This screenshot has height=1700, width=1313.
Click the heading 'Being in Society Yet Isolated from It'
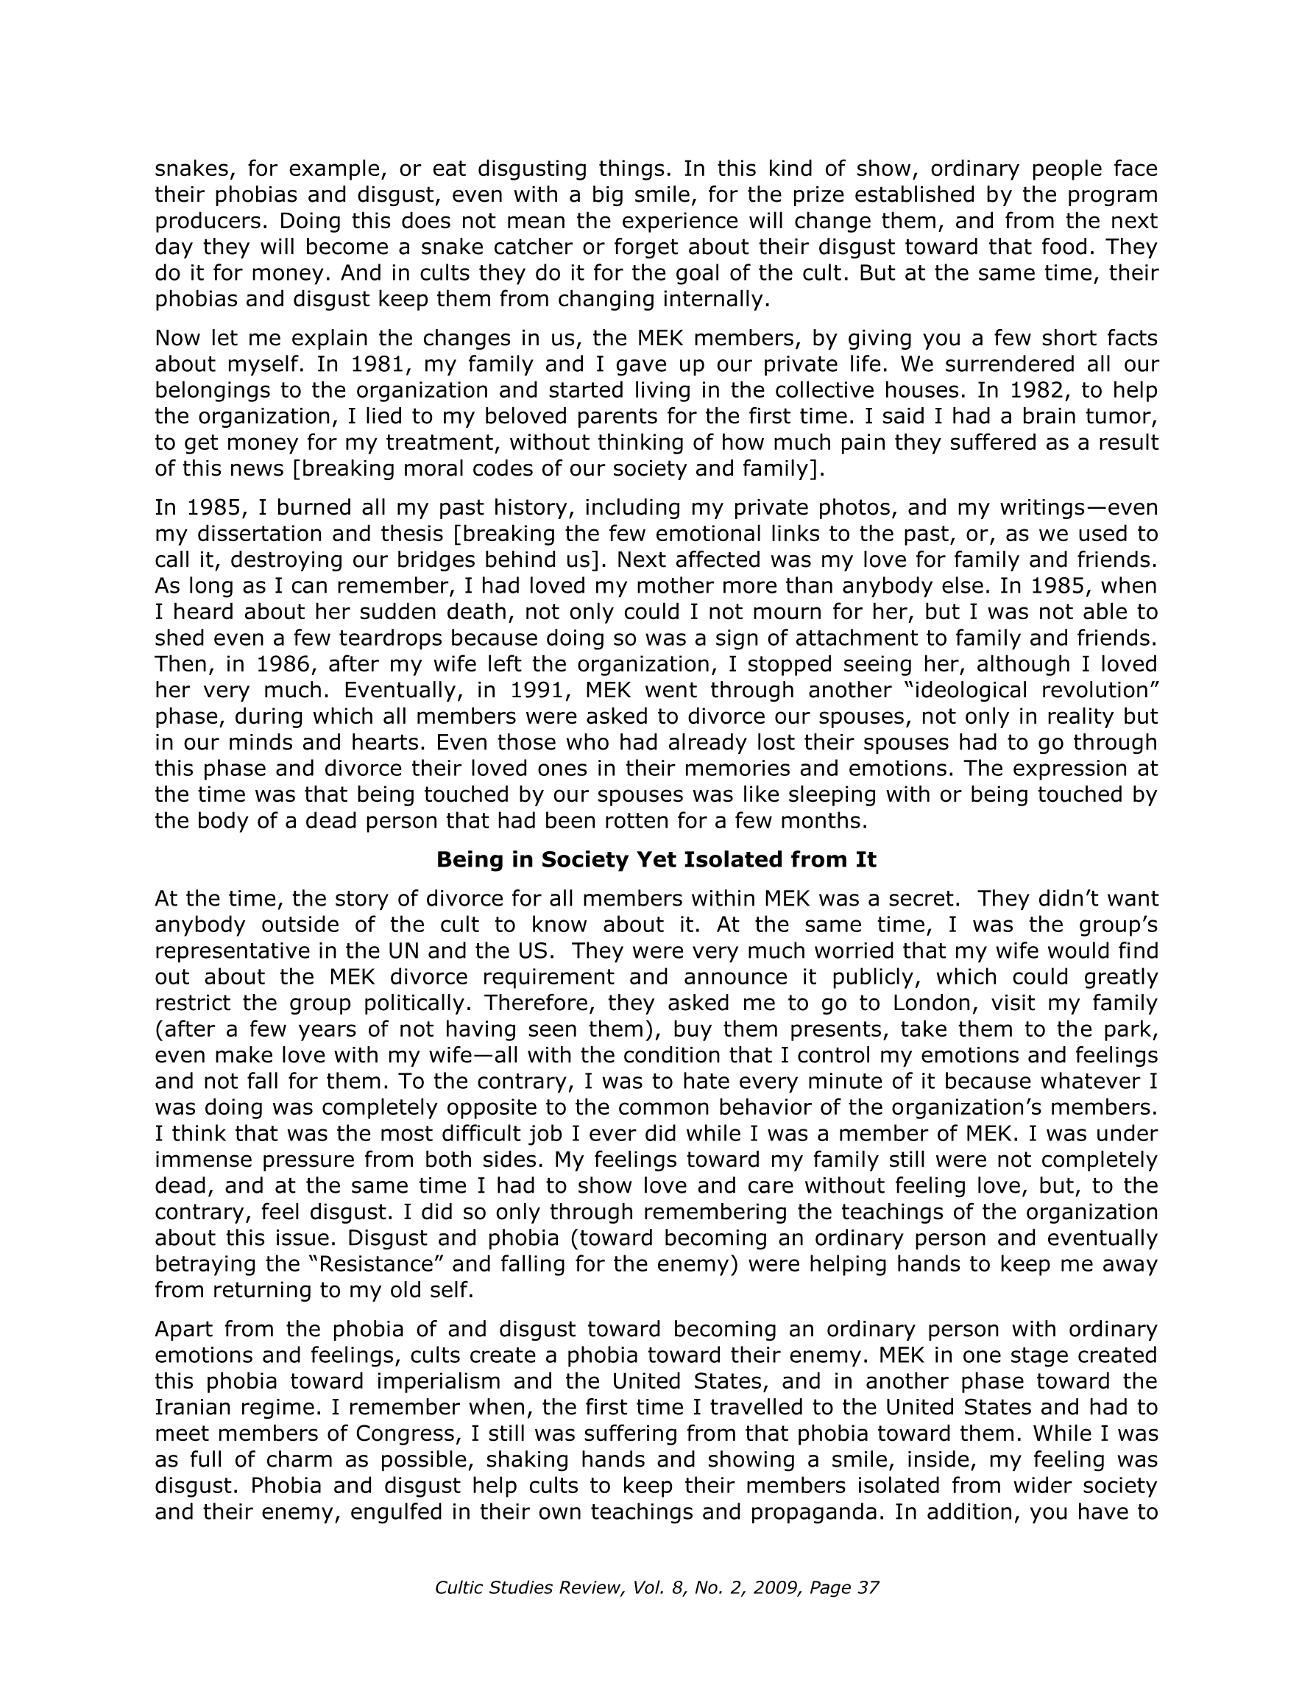656,859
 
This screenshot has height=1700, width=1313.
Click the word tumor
1130,417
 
